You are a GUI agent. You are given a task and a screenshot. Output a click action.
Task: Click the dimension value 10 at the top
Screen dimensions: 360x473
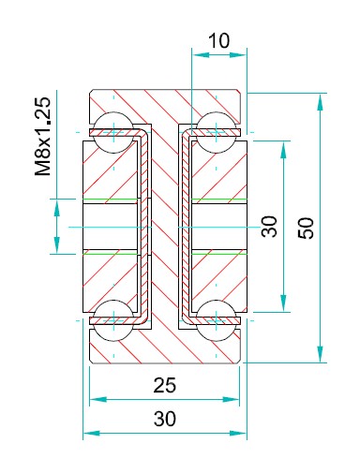pyautogui.click(x=218, y=40)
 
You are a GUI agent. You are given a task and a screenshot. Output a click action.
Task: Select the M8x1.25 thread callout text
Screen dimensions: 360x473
pyautogui.click(x=42, y=137)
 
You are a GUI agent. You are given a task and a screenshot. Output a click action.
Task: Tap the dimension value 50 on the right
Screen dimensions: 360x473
pyautogui.click(x=306, y=228)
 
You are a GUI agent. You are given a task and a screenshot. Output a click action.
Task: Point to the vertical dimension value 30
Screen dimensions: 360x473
pyautogui.click(x=269, y=227)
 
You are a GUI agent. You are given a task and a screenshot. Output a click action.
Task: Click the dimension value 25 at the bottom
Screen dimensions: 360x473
pyautogui.click(x=165, y=385)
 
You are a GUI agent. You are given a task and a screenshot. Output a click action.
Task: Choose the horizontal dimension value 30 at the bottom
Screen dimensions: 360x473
pyautogui.click(x=165, y=419)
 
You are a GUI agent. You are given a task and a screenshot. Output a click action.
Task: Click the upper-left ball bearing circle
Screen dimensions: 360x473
pyautogui.click(x=113, y=132)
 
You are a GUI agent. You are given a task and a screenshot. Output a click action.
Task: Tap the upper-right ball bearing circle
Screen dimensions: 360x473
pyautogui.click(x=217, y=132)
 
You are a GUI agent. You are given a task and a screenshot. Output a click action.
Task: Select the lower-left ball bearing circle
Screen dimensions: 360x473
pyautogui.click(x=113, y=320)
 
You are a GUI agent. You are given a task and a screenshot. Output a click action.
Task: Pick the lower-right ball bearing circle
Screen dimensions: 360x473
pyautogui.click(x=217, y=320)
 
